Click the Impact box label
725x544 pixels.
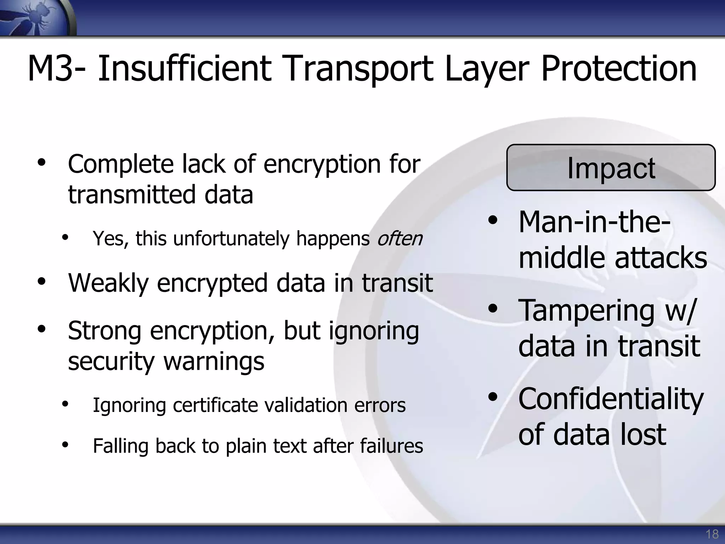(x=611, y=168)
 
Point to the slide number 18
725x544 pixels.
(x=712, y=534)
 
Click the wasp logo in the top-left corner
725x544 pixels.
(x=35, y=18)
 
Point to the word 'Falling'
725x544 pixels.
(x=120, y=446)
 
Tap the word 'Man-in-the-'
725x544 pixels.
(x=595, y=222)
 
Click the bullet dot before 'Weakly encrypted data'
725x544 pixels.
(x=42, y=282)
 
